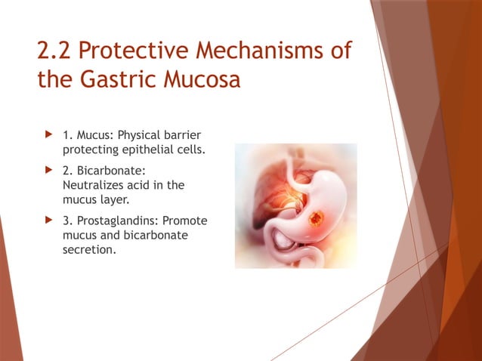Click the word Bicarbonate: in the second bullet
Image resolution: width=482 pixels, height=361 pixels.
pyautogui.click(x=108, y=172)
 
